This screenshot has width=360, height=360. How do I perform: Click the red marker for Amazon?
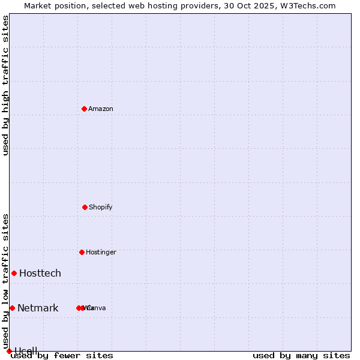point(85,109)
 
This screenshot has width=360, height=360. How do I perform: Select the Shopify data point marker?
point(85,207)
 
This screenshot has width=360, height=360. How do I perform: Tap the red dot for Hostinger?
point(82,252)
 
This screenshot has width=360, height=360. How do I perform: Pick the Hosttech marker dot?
point(14,273)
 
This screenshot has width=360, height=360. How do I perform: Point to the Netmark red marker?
point(12,308)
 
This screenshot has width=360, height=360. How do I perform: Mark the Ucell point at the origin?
point(9,351)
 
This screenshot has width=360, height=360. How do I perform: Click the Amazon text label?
point(101,109)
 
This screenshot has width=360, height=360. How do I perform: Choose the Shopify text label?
point(101,207)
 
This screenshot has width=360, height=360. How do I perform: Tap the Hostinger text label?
point(101,252)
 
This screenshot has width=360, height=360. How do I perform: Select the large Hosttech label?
point(40,273)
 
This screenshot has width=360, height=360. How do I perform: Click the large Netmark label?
point(38,308)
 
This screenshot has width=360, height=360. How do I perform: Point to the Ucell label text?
point(26,351)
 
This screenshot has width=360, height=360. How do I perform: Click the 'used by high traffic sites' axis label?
point(5,85)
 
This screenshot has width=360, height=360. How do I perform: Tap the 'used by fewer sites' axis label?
point(62,356)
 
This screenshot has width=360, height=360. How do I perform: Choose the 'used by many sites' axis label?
point(301,356)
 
